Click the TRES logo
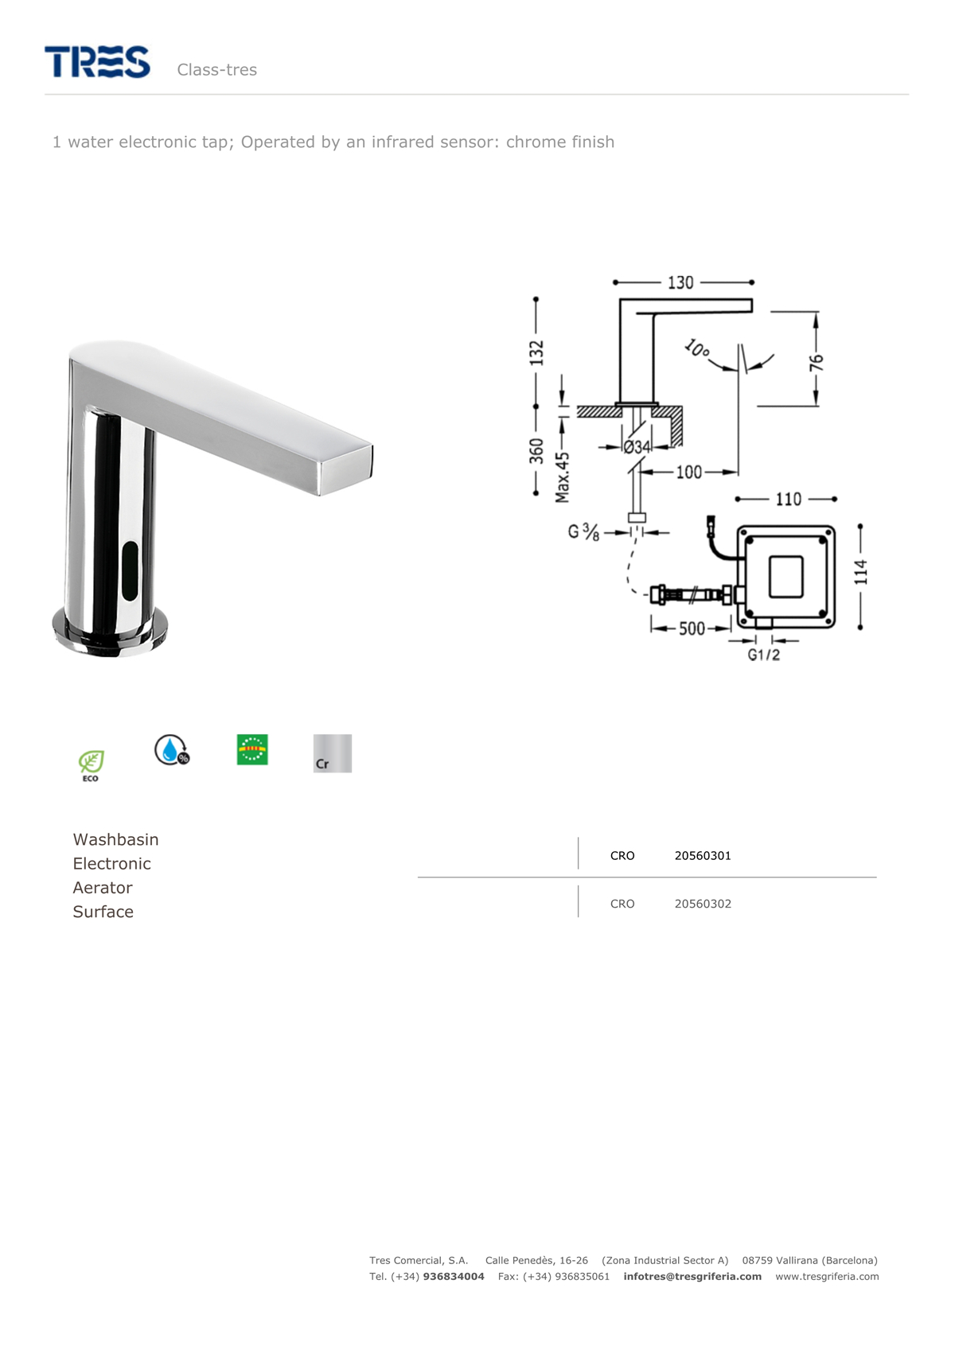click(97, 61)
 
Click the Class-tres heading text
click(217, 70)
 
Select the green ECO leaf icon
click(91, 765)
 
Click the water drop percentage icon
click(172, 750)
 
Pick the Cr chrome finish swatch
click(332, 753)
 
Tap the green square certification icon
click(252, 749)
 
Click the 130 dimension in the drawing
click(680, 282)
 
